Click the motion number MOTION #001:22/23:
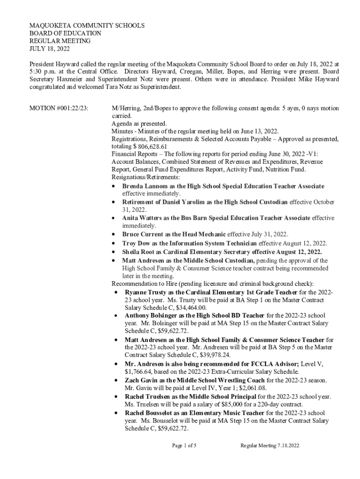click(x=59, y=109)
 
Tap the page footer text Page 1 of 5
click(x=184, y=446)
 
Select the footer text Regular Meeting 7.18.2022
click(x=269, y=446)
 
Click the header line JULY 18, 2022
click(x=50, y=49)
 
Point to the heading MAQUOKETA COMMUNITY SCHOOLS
click(x=87, y=26)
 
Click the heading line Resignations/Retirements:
click(x=145, y=177)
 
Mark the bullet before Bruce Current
click(x=115, y=234)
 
